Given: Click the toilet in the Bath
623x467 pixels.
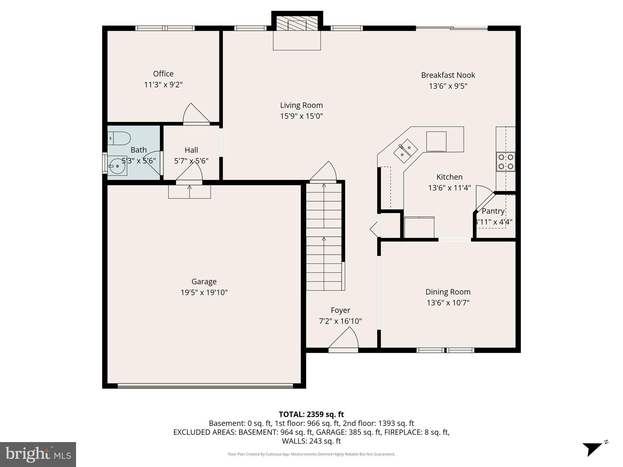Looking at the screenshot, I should [119, 138].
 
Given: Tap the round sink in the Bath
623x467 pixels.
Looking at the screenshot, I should [117, 166].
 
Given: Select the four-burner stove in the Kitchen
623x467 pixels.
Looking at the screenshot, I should [506, 162].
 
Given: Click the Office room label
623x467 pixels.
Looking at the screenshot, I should [163, 74].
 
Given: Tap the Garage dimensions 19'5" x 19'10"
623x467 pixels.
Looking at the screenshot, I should [204, 292].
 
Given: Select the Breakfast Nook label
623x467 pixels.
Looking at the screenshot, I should [448, 75].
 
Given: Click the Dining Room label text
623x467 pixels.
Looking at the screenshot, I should [448, 292].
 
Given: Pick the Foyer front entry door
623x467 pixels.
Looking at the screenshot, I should [343, 350].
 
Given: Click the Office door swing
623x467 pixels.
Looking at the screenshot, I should [196, 114].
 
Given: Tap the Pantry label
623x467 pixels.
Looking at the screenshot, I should [493, 211].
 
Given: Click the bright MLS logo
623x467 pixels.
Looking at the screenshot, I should [38, 454].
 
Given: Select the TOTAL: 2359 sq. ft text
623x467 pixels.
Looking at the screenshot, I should [311, 414].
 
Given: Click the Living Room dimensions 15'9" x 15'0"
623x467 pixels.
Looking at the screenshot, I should [301, 116].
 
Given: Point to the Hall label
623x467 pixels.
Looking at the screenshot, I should [191, 150].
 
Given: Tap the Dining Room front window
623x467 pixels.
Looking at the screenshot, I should [445, 350].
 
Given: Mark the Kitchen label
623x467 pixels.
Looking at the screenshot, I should [449, 177].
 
